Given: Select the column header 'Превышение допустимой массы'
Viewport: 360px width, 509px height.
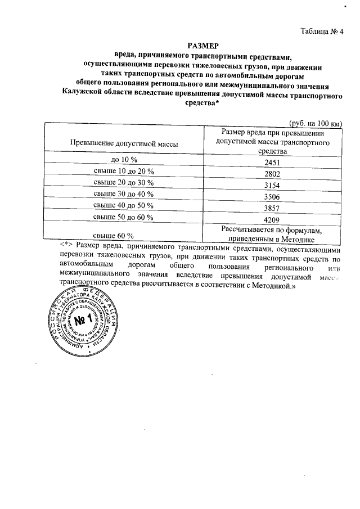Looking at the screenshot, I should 124,144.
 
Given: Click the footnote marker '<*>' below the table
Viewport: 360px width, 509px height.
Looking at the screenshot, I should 67,245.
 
